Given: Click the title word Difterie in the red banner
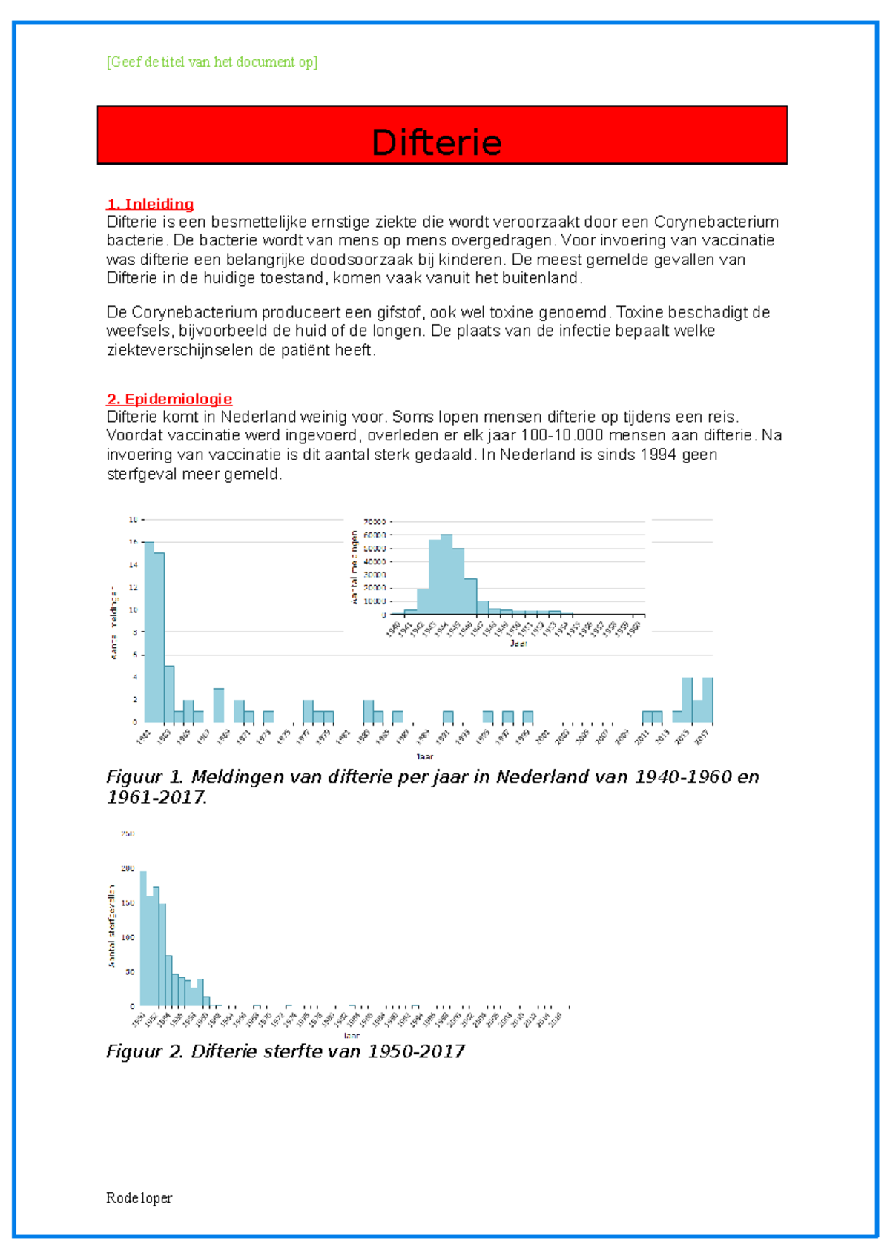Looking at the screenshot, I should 436,142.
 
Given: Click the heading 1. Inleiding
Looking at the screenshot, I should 150,204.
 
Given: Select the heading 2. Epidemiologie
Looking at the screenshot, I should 169,399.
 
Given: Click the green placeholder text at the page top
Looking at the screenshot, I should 212,62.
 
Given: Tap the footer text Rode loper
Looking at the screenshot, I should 139,1198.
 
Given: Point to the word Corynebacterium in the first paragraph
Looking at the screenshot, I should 716,222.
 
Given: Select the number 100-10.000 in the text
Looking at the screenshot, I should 562,435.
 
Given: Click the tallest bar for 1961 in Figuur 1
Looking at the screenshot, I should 149,630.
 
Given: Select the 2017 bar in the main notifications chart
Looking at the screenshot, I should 708,699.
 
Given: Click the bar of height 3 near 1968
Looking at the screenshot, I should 219,705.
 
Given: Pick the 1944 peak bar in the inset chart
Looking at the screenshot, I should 446,574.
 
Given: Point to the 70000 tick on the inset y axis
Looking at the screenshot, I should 375,522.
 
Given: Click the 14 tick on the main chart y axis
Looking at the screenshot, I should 133,565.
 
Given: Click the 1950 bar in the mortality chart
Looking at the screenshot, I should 143,938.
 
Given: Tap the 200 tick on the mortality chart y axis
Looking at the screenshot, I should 128,868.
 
